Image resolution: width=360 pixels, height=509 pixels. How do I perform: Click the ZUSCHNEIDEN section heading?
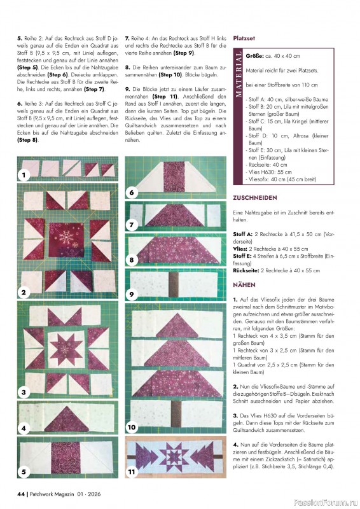(x=254, y=198)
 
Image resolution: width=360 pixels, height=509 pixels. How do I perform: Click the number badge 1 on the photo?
(x=24, y=174)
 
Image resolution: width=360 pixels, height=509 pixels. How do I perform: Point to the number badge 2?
(x=24, y=293)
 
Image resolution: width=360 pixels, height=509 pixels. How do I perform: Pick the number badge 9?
(x=132, y=294)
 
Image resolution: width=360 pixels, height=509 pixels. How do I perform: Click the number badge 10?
(x=132, y=426)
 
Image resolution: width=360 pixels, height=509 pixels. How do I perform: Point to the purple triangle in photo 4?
(x=67, y=419)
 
